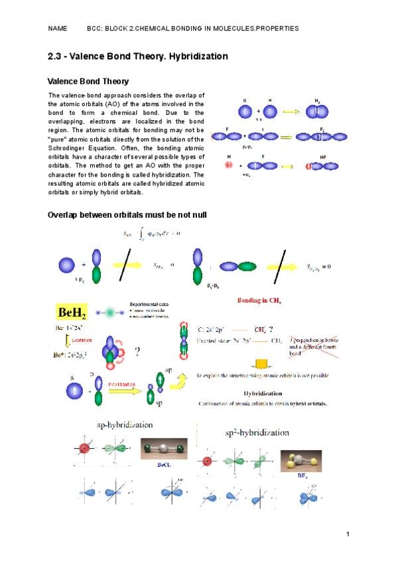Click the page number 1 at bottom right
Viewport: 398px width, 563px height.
(x=347, y=534)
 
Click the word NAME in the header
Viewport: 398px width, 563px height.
(x=58, y=29)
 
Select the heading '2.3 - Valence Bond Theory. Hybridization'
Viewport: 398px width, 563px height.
(x=138, y=56)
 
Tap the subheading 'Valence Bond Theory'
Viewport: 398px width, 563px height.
(x=88, y=82)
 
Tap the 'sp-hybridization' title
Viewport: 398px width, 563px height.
(x=125, y=424)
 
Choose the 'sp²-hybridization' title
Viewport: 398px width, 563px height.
(x=257, y=432)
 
